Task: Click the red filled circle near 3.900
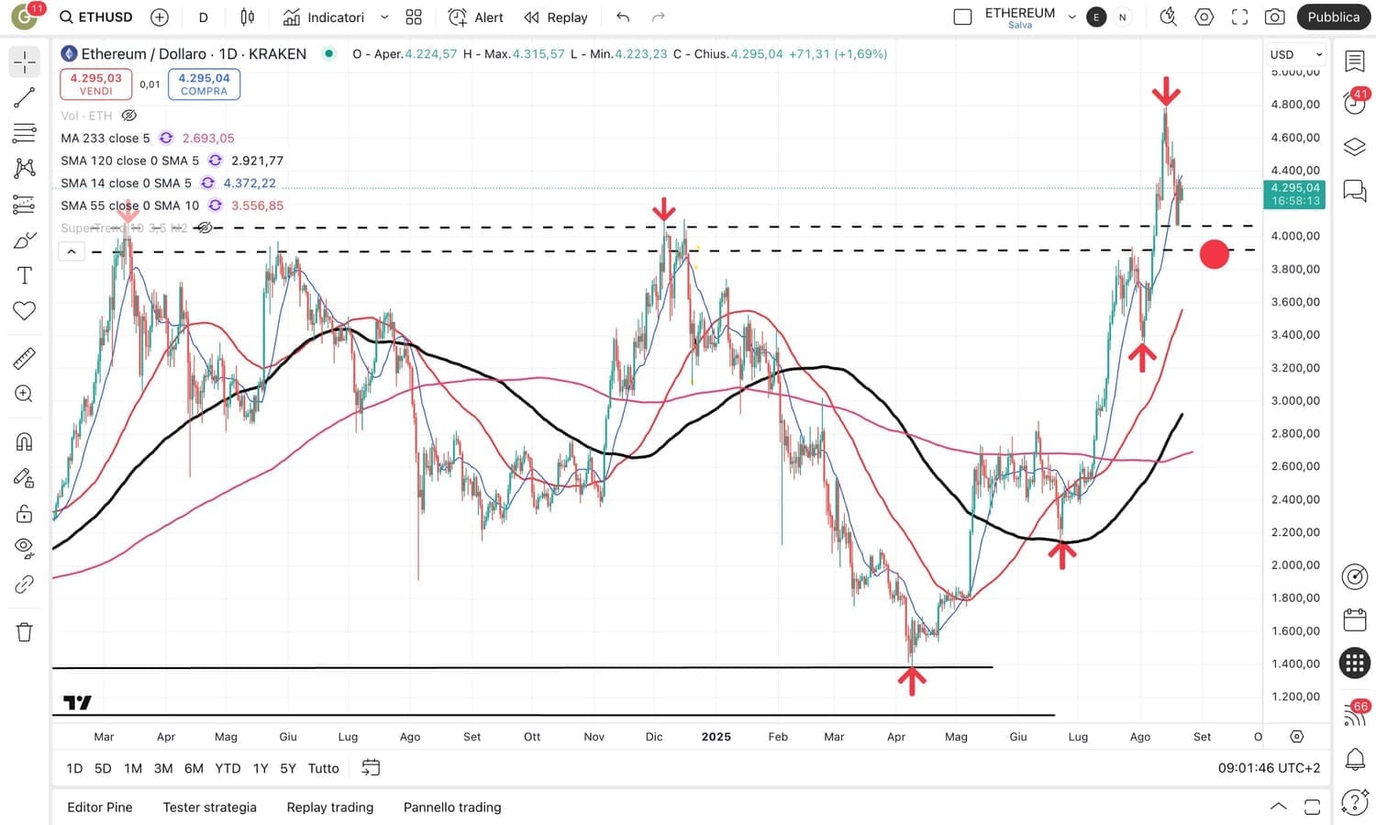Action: tap(1214, 254)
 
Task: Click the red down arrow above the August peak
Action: tap(1166, 92)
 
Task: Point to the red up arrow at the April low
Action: tap(911, 680)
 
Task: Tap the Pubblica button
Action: tap(1333, 17)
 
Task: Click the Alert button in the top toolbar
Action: tap(476, 17)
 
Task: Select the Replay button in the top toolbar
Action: tap(556, 17)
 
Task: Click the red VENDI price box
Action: tap(95, 84)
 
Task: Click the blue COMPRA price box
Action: tap(204, 84)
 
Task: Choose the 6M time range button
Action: tap(194, 768)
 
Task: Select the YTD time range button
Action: tap(227, 768)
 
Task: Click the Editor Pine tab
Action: tap(100, 807)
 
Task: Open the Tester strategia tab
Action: tap(209, 807)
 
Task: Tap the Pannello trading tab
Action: tap(452, 807)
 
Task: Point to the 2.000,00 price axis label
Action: tap(1295, 564)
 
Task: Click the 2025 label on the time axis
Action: tap(716, 736)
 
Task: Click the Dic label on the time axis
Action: tap(654, 736)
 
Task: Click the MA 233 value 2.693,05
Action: tap(208, 138)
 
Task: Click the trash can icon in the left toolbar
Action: tap(25, 631)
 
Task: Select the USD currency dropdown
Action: tap(1294, 54)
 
